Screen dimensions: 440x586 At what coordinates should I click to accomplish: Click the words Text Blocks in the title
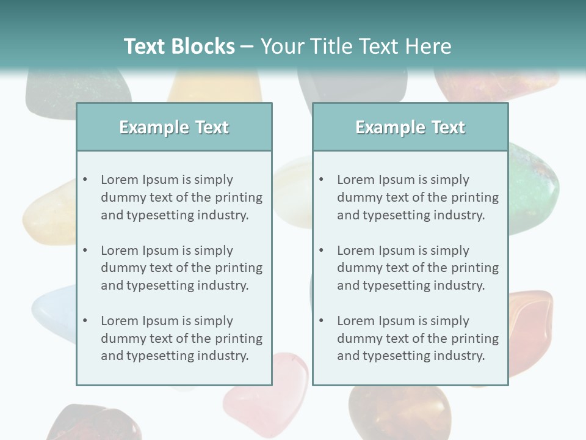click(x=179, y=46)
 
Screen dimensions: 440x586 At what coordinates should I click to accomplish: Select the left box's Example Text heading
click(x=174, y=127)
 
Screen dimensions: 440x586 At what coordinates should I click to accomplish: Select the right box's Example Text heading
click(x=410, y=127)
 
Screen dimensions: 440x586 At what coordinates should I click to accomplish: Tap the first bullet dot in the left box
click(x=85, y=180)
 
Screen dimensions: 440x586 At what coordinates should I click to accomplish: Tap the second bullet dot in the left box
click(x=85, y=251)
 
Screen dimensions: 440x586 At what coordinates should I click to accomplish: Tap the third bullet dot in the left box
click(x=85, y=321)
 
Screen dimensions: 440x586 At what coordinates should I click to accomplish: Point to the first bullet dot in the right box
click(x=322, y=180)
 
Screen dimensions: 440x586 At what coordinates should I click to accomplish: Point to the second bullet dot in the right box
click(x=322, y=251)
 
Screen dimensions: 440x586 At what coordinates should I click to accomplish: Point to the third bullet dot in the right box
click(x=322, y=321)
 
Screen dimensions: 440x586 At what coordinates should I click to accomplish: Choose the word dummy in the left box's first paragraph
click(x=121, y=197)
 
